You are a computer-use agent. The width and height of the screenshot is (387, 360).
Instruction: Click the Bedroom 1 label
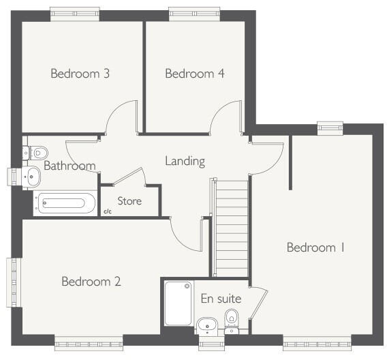[315, 247]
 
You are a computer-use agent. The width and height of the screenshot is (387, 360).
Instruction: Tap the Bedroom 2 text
[91, 281]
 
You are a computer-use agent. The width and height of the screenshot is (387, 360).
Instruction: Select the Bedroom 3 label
[80, 73]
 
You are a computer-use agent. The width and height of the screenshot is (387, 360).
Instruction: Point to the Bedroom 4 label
[195, 73]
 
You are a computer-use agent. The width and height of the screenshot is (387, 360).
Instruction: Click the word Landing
[185, 162]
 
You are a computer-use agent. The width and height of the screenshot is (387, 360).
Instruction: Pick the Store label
[129, 201]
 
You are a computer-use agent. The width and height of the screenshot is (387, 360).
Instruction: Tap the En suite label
[217, 298]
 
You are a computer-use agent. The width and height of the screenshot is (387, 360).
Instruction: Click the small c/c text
[107, 212]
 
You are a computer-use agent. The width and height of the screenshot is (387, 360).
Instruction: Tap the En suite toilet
[232, 318]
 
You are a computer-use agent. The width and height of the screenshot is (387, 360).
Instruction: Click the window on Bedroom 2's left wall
[12, 282]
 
